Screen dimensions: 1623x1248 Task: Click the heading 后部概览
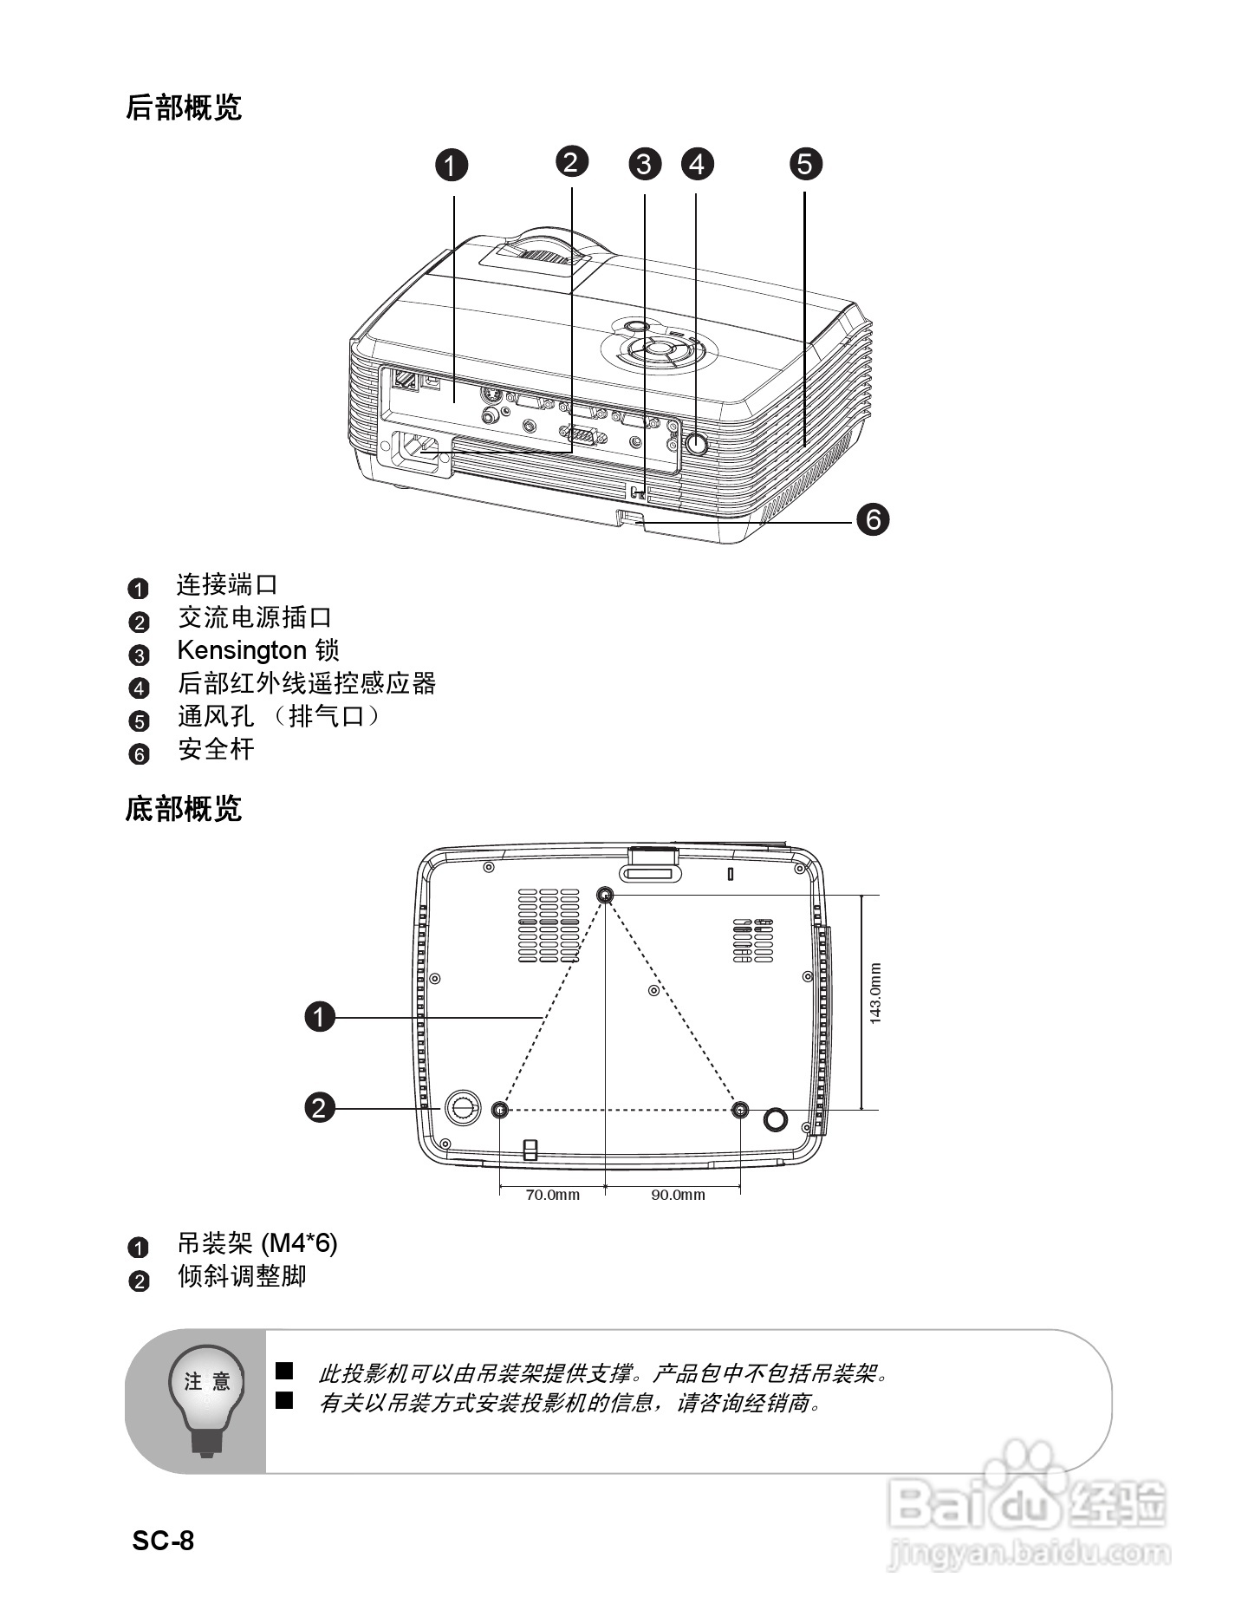(183, 108)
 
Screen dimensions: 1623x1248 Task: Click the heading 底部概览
(183, 809)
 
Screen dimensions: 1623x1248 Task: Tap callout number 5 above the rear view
(805, 163)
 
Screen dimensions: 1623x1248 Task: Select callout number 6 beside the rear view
(873, 518)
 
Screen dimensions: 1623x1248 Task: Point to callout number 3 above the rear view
(644, 163)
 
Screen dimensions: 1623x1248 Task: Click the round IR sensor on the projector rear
(696, 443)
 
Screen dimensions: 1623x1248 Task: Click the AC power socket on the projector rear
(422, 451)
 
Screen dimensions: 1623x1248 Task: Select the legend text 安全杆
(216, 749)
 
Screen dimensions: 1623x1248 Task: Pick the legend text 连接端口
(227, 585)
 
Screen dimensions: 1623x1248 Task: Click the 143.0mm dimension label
(875, 994)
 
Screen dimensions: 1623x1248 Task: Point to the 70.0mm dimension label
(552, 1195)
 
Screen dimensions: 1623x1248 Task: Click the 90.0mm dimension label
(678, 1195)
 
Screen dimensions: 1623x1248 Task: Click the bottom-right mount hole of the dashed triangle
(740, 1110)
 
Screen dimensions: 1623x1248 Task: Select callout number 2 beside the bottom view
(319, 1107)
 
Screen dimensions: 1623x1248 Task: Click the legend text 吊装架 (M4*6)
(257, 1243)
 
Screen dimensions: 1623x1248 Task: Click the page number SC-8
(163, 1541)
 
